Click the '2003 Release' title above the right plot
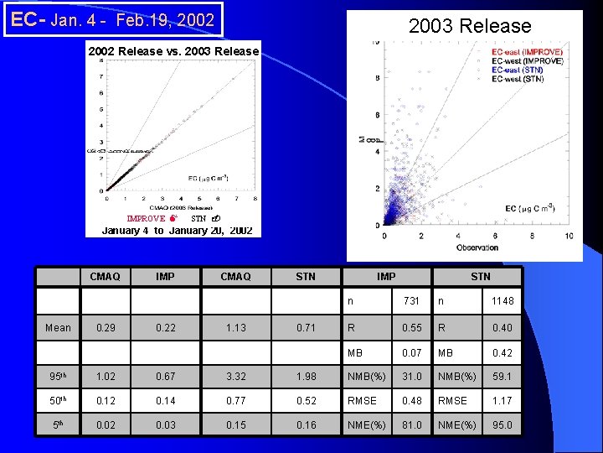point(469,26)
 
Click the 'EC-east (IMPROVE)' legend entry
point(527,52)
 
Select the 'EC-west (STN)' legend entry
point(518,79)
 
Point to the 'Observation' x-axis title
point(477,247)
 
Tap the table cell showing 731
point(411,300)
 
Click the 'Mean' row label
point(59,327)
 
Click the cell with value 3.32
point(236,377)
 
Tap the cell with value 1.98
point(306,377)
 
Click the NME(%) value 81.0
point(411,425)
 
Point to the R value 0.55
point(411,327)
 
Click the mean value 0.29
point(106,327)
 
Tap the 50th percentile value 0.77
point(236,401)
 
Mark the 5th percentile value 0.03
point(165,425)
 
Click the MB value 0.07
point(411,352)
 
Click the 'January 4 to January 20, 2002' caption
point(177,230)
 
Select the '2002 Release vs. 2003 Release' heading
point(174,51)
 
